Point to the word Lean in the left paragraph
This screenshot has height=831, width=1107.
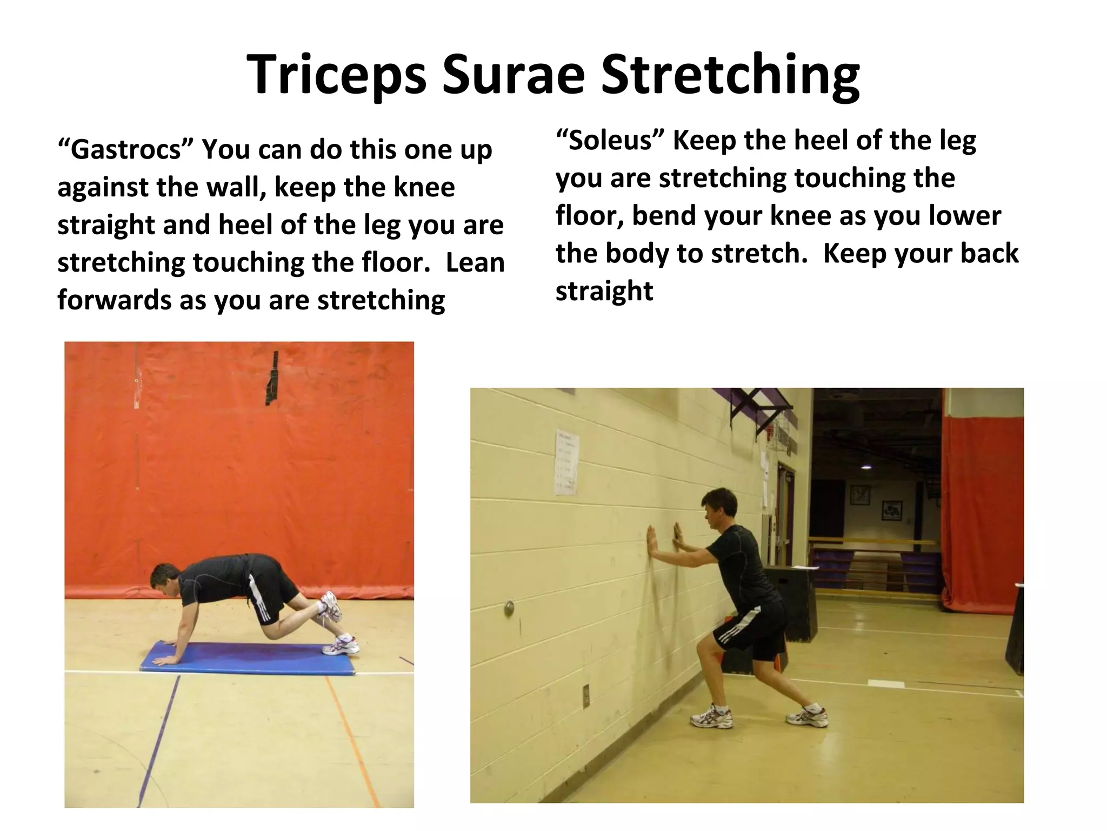(475, 262)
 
